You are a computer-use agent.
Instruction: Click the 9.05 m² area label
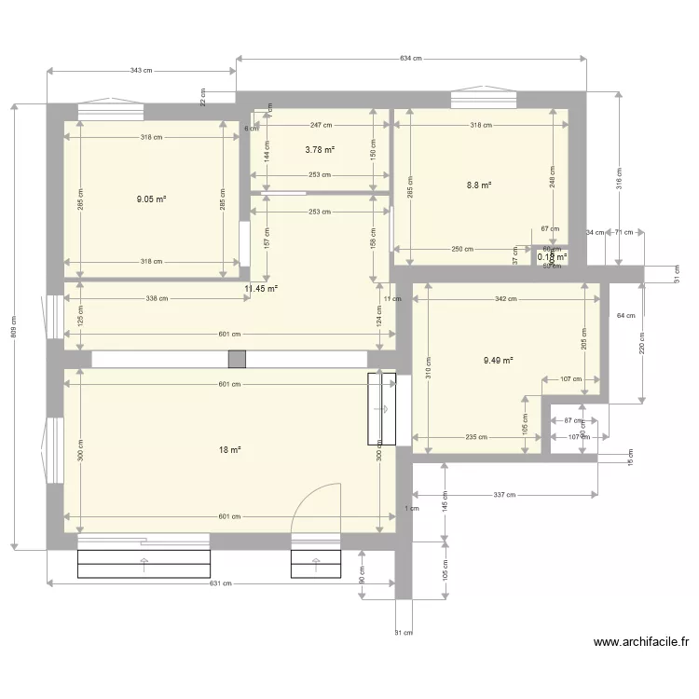151,199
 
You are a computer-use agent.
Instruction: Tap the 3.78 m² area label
320,148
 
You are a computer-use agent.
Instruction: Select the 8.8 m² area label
479,185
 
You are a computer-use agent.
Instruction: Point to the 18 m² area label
229,450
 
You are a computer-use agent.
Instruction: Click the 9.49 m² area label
499,360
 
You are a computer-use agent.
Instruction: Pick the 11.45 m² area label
261,289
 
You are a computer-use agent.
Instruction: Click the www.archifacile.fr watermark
641,641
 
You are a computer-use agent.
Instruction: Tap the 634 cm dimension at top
411,58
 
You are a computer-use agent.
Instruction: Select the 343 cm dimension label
142,70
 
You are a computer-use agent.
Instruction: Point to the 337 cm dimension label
504,495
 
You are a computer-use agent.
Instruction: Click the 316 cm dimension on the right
618,177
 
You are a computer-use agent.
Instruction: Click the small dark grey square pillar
237,359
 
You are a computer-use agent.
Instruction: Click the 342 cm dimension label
506,299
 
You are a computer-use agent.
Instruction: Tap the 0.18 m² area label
552,257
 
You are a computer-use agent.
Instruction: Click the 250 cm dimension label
462,249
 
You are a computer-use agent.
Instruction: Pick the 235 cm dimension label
475,437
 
